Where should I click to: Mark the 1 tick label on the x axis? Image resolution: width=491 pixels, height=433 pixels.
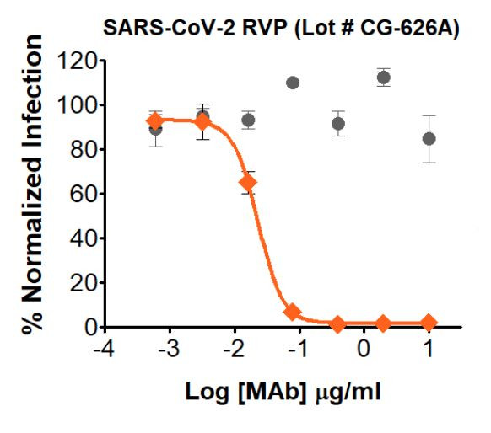coord(429,348)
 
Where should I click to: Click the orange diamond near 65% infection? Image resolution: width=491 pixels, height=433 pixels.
coord(248,182)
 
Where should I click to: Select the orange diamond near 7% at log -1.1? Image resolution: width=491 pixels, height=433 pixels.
coord(293,312)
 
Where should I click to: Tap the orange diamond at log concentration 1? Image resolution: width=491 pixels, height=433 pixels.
coord(429,323)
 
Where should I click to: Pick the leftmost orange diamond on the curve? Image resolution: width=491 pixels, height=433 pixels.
coord(155,120)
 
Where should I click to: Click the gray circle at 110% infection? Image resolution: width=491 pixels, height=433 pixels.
coord(293,83)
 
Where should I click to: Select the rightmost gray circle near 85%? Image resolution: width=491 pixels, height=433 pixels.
coord(429,138)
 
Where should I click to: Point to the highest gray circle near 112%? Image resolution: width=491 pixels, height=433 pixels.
coord(384,78)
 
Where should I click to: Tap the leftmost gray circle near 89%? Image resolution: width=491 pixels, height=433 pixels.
coord(155,129)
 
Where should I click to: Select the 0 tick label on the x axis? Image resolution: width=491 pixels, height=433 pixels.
coord(364,348)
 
